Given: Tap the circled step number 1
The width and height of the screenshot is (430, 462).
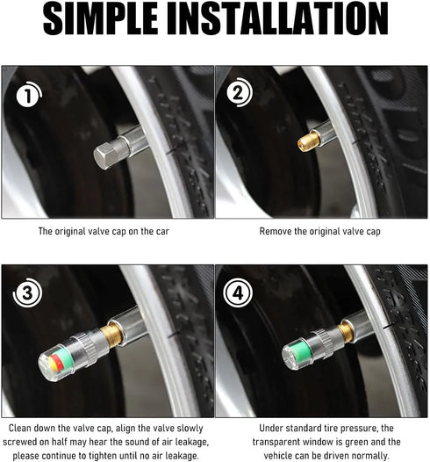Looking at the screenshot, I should click(x=28, y=96).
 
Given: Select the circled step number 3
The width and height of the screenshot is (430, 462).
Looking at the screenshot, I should click(x=27, y=292).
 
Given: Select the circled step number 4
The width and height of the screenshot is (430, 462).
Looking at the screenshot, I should click(x=239, y=293).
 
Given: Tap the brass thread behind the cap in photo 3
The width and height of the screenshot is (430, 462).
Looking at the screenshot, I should click(x=111, y=336).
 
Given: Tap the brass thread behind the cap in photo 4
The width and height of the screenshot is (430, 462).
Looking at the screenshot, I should click(x=346, y=330).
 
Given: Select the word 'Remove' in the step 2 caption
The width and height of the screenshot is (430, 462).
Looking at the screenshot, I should click(x=276, y=232).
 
